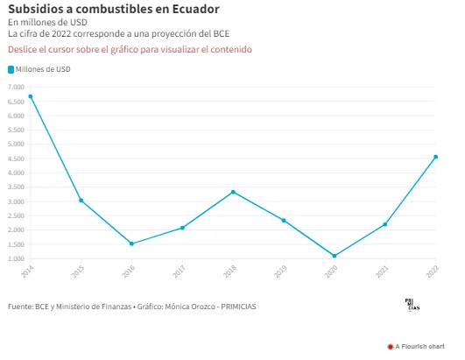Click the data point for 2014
point(31,96)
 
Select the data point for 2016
point(131,244)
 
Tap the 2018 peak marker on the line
point(233,192)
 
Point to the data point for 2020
point(335,256)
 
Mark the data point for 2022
point(435,157)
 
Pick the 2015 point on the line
point(81,201)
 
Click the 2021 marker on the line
point(385,224)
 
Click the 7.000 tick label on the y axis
point(16,87)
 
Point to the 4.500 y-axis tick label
point(16,159)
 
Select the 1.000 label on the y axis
point(16,258)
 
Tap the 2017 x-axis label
point(179,271)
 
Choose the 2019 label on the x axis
point(280,271)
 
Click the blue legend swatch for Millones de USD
point(11,69)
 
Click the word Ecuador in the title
point(196,9)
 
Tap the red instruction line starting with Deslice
point(130,49)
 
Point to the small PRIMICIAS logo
point(412,305)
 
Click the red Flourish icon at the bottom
point(391,347)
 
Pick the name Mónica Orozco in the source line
point(190,307)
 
